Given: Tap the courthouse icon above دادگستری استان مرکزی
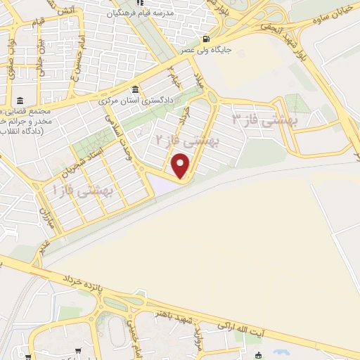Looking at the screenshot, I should pos(136,90).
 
